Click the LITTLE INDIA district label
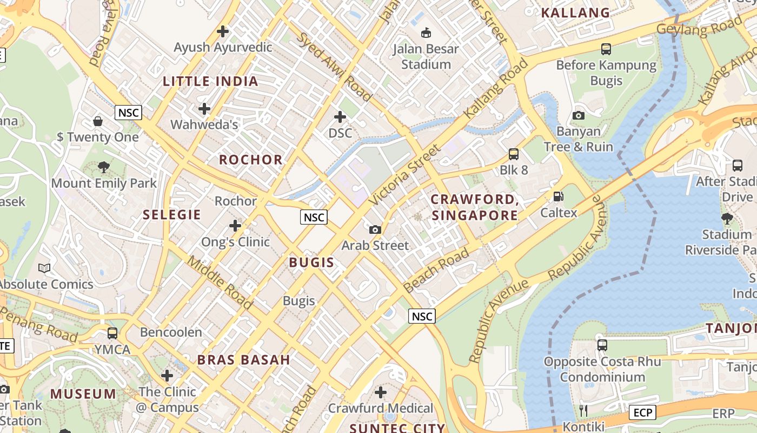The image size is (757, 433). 210,82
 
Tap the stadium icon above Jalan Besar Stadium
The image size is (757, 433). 426,32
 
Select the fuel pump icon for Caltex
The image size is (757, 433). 558,196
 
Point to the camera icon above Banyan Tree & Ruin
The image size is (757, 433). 578,115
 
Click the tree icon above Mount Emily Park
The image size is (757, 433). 104,167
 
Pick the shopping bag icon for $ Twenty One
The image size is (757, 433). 98,121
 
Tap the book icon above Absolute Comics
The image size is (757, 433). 44,268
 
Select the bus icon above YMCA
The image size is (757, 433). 112,333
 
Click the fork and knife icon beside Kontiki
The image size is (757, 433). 583,411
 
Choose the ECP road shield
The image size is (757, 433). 642,413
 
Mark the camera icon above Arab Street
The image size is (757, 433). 375,229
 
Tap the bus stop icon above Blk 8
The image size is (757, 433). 513,154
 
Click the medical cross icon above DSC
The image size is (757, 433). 340,117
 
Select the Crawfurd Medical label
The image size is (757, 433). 381,408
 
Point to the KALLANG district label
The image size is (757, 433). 575,13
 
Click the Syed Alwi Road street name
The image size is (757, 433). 334,67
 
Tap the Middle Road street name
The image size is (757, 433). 220,283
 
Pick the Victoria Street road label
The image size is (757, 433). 405,175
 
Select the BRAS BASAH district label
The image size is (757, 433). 243,360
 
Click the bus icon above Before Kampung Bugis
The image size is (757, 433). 606,49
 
